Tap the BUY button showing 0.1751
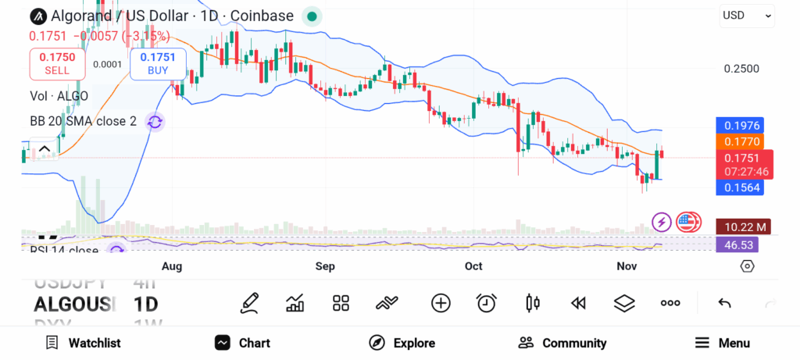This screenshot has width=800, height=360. (x=159, y=63)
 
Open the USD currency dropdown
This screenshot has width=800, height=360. (x=747, y=15)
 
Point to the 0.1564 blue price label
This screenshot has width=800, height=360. (x=739, y=187)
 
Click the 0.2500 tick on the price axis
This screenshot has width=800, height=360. (x=741, y=69)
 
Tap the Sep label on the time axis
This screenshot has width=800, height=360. (x=325, y=266)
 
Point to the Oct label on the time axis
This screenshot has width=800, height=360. (x=473, y=266)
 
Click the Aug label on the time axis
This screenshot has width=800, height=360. (x=172, y=266)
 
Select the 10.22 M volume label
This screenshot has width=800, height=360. (x=744, y=226)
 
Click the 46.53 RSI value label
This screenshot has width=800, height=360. (x=737, y=244)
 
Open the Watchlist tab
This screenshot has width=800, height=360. (x=84, y=343)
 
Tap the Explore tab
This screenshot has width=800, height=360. (x=402, y=343)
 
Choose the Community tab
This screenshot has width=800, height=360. (x=562, y=343)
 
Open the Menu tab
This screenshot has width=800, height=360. (x=723, y=343)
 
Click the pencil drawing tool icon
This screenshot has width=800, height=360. (x=249, y=303)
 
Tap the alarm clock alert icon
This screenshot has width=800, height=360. (x=487, y=303)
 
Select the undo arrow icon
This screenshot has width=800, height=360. (x=724, y=303)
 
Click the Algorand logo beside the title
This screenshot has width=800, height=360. (x=37, y=16)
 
